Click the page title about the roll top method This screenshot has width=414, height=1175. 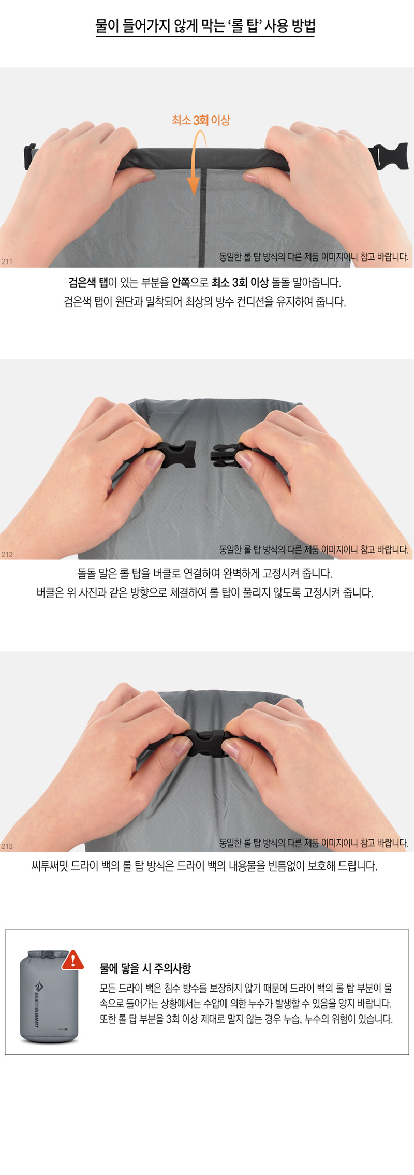tap(205, 25)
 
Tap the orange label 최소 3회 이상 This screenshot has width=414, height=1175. tap(201, 120)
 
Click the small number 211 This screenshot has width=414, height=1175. tap(7, 262)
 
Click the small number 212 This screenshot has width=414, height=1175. tap(7, 554)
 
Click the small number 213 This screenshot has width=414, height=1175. tap(7, 846)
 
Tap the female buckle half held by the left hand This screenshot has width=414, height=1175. tap(175, 454)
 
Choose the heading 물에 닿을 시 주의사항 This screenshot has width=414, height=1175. tap(145, 968)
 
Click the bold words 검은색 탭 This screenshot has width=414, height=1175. tap(88, 282)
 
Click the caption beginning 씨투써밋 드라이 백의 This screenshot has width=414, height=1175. tap(204, 866)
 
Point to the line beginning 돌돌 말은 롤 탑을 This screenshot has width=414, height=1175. tap(205, 573)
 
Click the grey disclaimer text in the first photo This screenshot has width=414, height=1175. tap(314, 257)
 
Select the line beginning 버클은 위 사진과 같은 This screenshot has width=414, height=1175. tap(205, 592)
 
